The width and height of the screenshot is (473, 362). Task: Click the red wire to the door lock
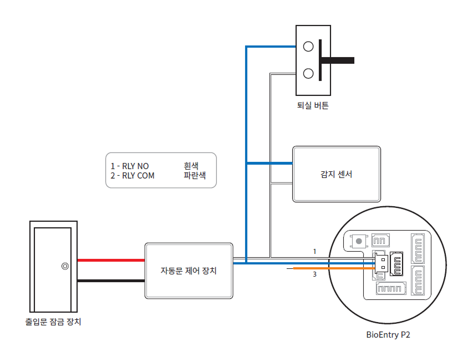pos(111,259)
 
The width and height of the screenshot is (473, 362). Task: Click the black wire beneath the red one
pos(111,281)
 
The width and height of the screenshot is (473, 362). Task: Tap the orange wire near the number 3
pos(333,268)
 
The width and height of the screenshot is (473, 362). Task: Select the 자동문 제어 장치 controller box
pos(189,271)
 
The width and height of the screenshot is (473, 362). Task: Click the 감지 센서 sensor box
pos(337,175)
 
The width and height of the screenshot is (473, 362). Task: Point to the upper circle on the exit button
pos(308,47)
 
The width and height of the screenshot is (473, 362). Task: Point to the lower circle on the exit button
pos(308,73)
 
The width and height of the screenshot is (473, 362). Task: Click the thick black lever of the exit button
pos(338,59)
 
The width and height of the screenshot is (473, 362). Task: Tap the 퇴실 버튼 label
pos(313,105)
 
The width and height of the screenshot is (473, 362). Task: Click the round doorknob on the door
pos(65,266)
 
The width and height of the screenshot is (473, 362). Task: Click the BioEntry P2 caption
pos(388,335)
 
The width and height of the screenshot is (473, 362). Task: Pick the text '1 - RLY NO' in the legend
pos(130,166)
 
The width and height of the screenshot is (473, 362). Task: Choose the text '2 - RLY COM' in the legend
pos(133,176)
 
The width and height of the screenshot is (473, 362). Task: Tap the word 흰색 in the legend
pos(191,166)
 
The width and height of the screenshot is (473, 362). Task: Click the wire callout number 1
pos(314,252)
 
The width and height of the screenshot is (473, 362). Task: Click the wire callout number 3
pos(314,274)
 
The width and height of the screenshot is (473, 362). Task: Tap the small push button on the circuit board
pos(359,241)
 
